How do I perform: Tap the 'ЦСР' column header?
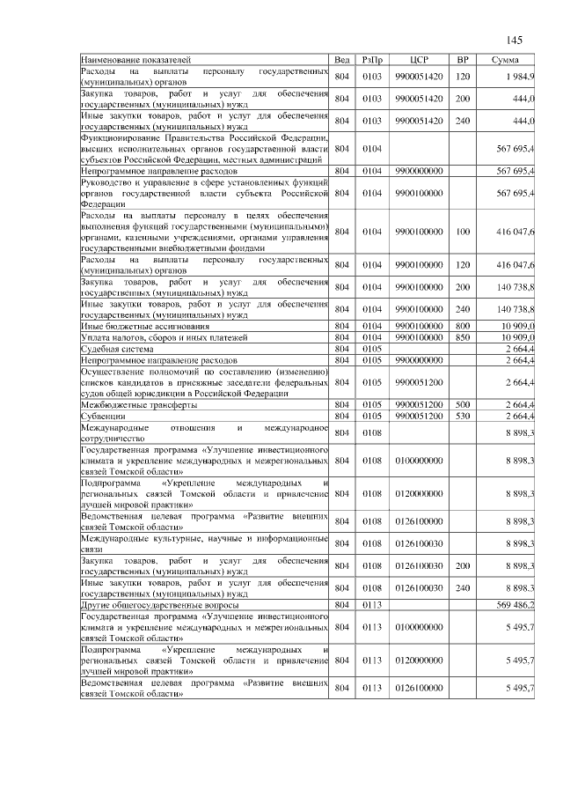pos(419,59)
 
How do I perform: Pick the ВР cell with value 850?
pos(462,337)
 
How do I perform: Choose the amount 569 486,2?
pos(515,606)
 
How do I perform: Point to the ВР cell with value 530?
pos(462,415)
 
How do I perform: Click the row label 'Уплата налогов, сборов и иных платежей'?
pos(163,337)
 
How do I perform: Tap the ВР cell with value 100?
pos(462,232)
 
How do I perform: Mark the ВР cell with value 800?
pos(462,327)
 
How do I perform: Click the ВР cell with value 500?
pos(462,404)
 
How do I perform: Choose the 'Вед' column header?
pos(342,59)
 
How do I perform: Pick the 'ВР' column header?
pos(462,59)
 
